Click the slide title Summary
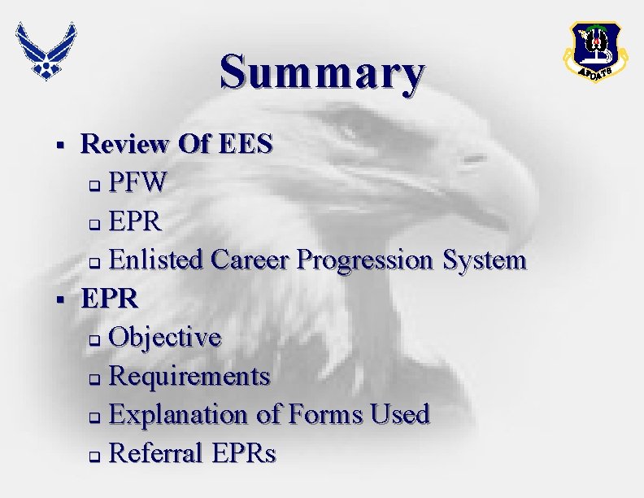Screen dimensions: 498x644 [x=321, y=72]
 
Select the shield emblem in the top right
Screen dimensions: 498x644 [x=597, y=50]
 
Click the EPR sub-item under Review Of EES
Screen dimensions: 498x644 [x=136, y=221]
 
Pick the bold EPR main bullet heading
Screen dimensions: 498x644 [x=110, y=298]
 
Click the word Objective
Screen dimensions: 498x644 [x=164, y=337]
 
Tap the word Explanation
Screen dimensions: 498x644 [x=180, y=414]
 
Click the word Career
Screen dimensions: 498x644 [x=250, y=260]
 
